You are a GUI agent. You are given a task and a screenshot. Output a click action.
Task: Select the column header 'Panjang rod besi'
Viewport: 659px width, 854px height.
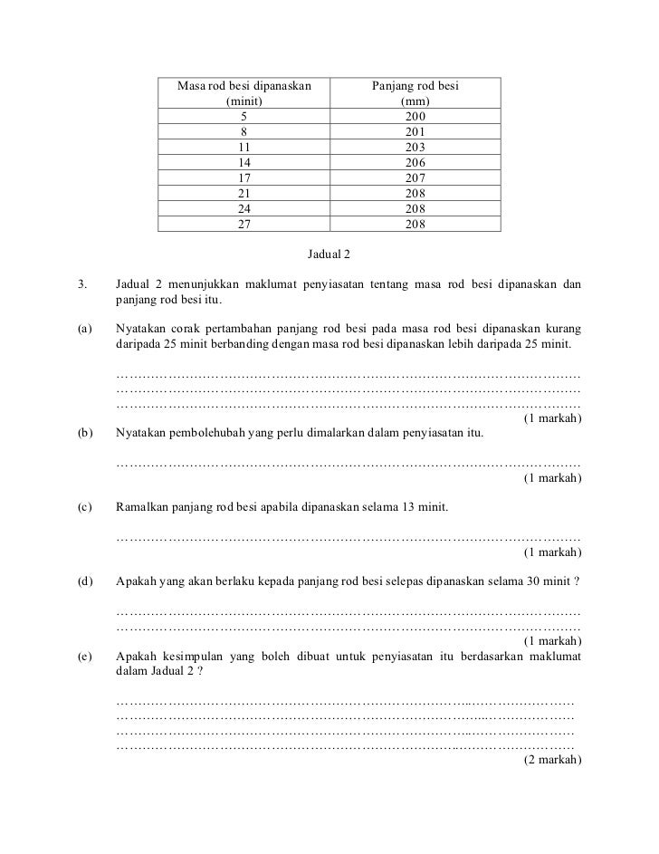point(415,86)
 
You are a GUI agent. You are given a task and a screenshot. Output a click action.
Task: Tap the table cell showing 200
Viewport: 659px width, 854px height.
point(415,117)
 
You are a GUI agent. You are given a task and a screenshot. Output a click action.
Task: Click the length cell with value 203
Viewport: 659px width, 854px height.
point(415,148)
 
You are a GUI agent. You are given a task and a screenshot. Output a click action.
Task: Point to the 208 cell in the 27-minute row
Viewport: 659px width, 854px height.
point(415,225)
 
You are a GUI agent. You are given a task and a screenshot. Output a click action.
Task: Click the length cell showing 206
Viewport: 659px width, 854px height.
point(415,164)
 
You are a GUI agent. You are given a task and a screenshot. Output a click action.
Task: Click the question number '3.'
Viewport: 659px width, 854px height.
point(83,285)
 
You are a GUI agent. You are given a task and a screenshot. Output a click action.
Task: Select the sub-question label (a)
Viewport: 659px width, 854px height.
point(85,331)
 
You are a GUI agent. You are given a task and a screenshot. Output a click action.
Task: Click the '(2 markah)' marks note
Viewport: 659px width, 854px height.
point(552,760)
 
